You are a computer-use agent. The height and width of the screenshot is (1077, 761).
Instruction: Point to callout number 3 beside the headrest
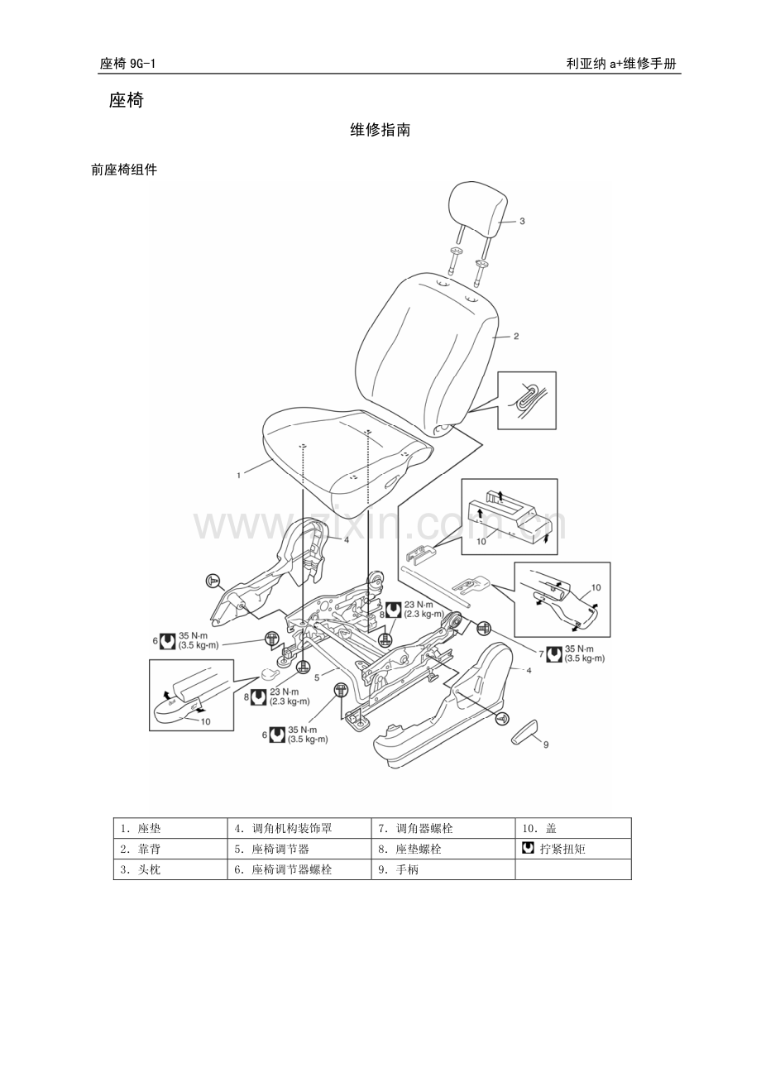tap(522, 221)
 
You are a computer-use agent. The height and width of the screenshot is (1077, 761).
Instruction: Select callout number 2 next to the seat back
tap(516, 337)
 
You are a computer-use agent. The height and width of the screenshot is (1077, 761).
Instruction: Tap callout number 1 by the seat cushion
tap(238, 475)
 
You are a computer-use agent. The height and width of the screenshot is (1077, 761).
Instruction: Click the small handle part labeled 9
tap(526, 731)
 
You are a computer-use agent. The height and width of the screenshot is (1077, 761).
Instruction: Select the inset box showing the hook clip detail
tap(527, 400)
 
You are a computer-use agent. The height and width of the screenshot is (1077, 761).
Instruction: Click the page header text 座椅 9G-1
tap(133, 64)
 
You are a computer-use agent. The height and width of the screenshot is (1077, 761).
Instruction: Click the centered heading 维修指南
tap(380, 130)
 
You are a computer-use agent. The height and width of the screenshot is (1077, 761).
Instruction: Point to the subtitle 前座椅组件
tap(124, 170)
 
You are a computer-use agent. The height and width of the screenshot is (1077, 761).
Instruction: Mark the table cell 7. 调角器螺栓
tap(414, 828)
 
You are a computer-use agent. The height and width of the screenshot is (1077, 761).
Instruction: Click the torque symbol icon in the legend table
tap(529, 849)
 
